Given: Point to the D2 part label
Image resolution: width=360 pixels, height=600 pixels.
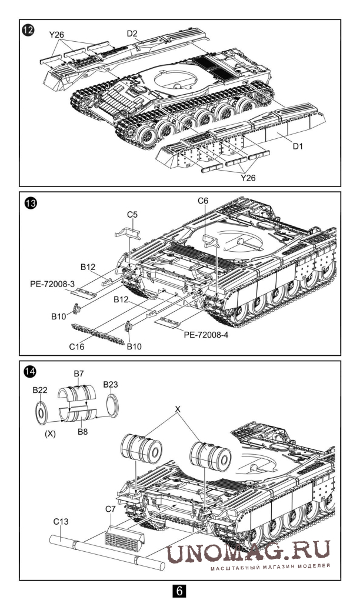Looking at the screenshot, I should click(132, 34).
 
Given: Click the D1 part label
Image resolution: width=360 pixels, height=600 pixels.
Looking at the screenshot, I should click(298, 146).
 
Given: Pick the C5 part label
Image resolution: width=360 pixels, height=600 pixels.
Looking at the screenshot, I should click(132, 215).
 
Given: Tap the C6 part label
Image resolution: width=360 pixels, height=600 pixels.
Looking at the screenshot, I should click(203, 201).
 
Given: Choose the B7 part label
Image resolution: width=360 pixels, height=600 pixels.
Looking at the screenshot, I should click(79, 374).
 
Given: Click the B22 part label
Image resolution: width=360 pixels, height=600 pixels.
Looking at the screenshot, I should click(40, 391).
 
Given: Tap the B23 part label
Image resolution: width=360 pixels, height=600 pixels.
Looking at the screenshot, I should click(111, 385).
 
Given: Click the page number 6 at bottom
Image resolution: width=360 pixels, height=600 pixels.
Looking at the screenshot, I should click(179, 590).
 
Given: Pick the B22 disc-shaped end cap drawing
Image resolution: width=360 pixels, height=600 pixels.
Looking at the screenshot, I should click(42, 412).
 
